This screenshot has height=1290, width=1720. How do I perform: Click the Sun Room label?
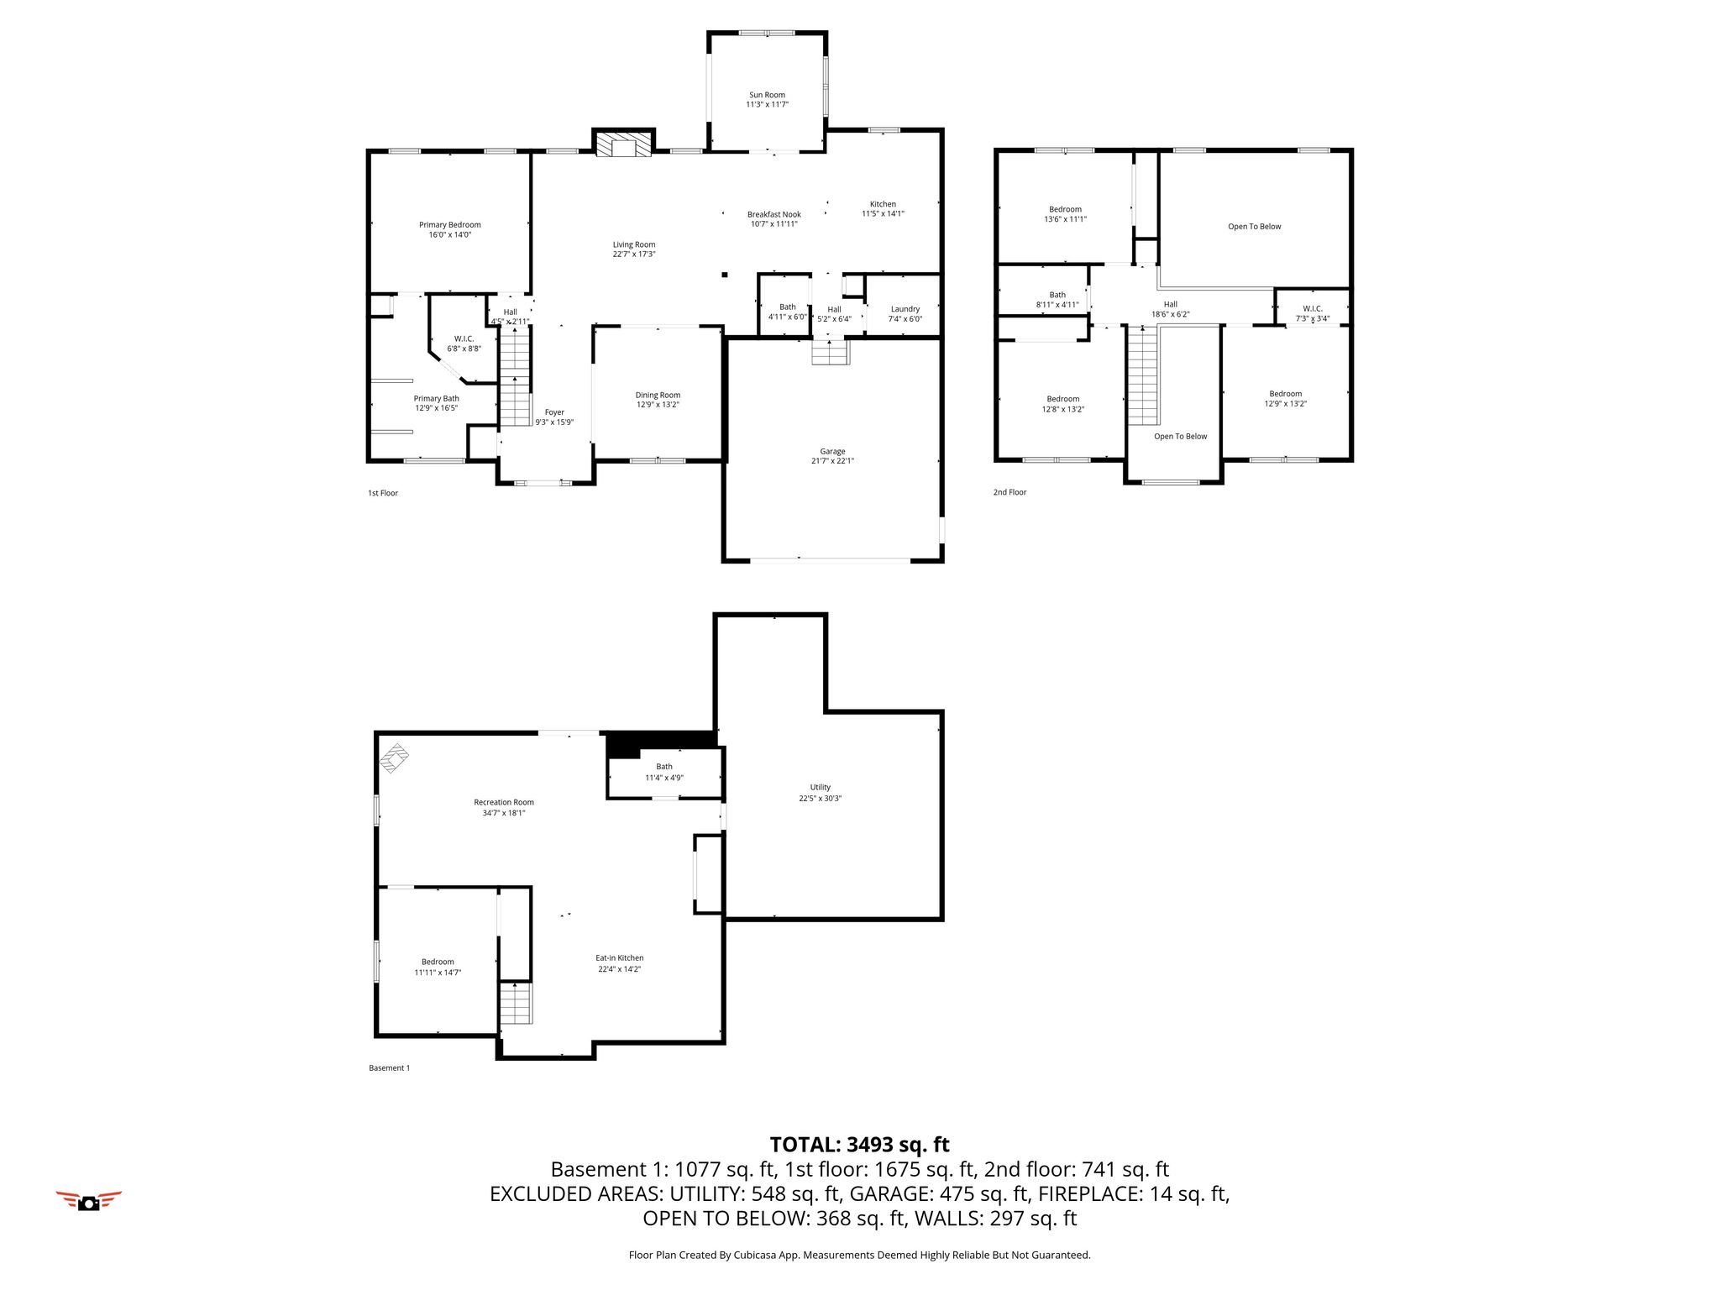(x=768, y=95)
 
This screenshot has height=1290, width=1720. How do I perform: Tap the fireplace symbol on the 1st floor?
(x=623, y=143)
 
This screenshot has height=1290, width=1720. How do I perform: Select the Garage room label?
(x=833, y=452)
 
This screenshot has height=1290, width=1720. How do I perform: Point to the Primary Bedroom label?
(x=450, y=225)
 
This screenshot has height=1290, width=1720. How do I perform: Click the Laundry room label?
(x=905, y=309)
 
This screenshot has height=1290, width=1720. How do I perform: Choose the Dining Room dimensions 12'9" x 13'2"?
(x=658, y=405)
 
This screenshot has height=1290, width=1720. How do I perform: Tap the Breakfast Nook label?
(x=774, y=215)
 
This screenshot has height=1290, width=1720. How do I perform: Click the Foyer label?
(x=554, y=412)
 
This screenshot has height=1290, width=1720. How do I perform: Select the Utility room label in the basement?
(x=821, y=788)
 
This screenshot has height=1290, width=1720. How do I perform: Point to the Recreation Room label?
(x=504, y=803)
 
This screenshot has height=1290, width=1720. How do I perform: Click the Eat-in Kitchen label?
(x=620, y=958)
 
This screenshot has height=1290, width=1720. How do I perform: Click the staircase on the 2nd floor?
(x=1142, y=377)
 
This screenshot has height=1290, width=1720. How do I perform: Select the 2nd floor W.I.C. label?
(x=1313, y=309)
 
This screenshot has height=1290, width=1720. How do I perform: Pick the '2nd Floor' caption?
(x=1010, y=492)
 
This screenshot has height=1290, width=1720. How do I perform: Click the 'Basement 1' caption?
(x=390, y=1068)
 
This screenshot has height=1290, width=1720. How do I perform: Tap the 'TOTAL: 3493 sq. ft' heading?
(x=860, y=1145)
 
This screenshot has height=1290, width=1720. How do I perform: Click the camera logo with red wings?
(x=88, y=1201)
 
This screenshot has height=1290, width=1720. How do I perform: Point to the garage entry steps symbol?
(x=831, y=352)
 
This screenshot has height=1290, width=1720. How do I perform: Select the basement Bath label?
(x=664, y=767)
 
